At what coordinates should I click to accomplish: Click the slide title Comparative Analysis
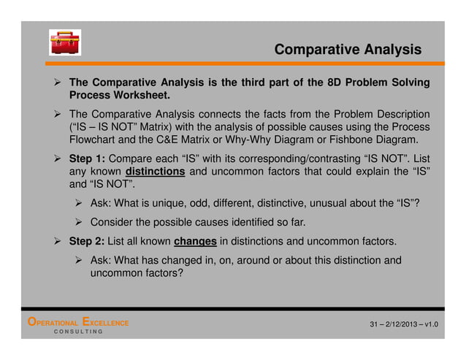coord(348,50)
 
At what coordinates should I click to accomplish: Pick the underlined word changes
coord(196,241)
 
